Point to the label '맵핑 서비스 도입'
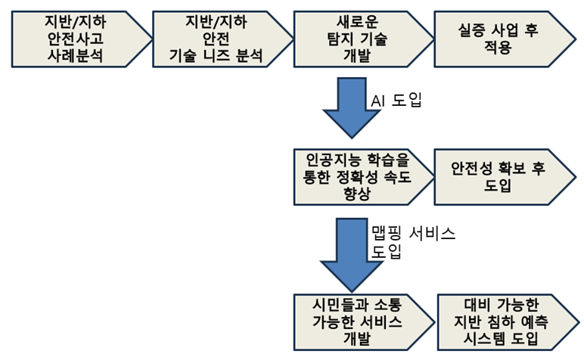412,242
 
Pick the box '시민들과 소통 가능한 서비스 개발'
359,319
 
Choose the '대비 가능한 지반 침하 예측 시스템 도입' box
503,319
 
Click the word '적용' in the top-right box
496,47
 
